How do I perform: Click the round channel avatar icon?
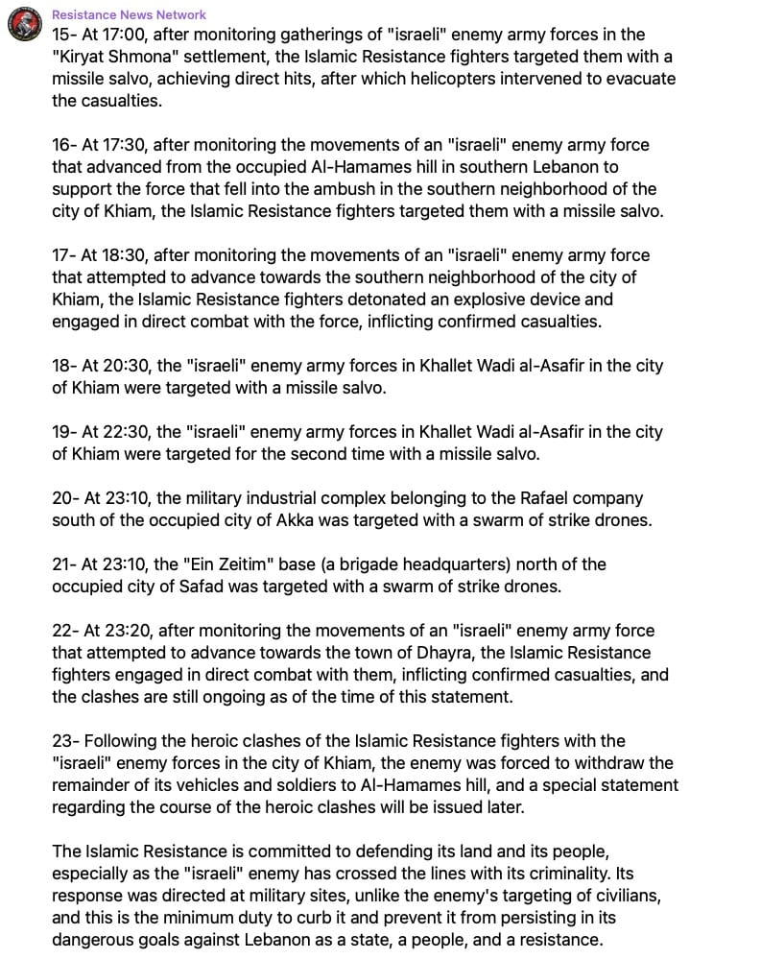coord(23,25)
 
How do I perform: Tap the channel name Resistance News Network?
coord(129,14)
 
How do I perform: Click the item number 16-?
coord(64,145)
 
